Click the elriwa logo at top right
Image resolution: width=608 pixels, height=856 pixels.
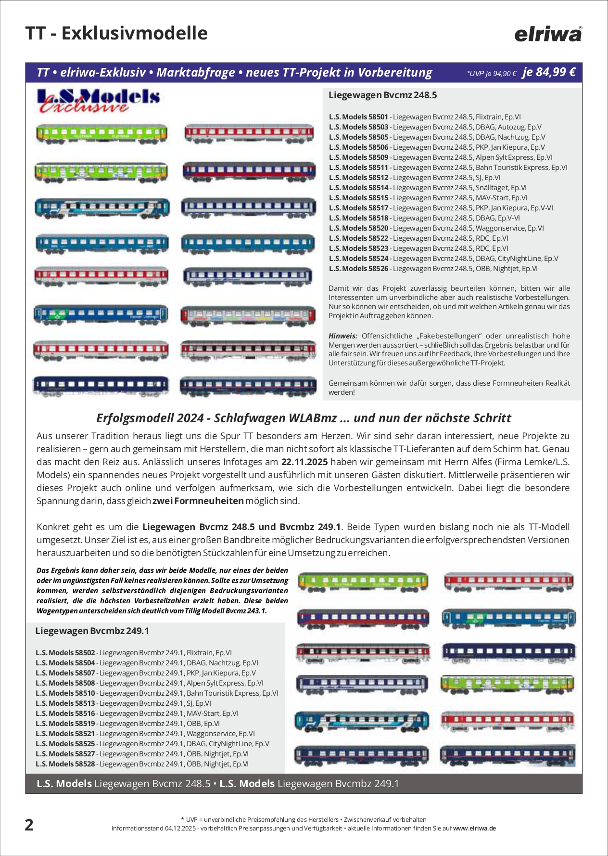548,34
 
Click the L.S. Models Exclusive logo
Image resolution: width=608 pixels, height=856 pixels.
98,101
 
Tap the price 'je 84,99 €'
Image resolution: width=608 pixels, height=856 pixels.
549,72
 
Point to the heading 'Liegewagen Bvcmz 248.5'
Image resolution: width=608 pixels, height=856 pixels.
382,95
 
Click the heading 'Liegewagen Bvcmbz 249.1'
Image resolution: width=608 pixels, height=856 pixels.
92,631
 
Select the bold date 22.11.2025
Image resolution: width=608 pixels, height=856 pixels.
304,462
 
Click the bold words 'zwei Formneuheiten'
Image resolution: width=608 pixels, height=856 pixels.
198,501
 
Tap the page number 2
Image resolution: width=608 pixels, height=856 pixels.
29,825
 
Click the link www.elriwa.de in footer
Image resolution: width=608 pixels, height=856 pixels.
474,829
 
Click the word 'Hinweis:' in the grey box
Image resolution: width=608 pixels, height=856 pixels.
343,336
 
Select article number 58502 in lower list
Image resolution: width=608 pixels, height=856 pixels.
65,653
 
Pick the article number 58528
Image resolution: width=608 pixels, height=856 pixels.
65,764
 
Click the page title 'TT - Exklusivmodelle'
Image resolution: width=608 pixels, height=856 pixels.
116,33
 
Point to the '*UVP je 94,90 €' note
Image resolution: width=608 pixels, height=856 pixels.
491,74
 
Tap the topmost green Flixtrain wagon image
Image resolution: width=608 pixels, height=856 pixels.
101,133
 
